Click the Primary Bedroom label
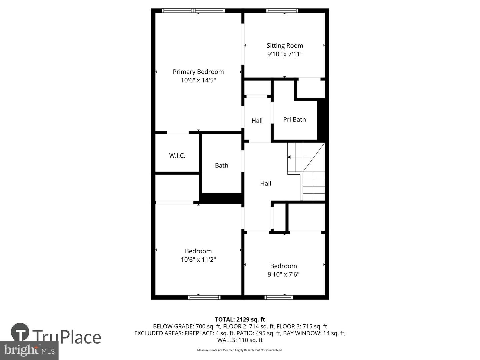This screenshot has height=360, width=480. [198, 72]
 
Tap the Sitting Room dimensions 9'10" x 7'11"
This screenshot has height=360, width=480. [285, 54]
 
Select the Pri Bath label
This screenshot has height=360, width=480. [294, 119]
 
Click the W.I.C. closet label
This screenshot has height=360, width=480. [177, 155]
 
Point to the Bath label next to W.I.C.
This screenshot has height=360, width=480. [221, 165]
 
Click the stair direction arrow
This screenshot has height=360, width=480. [289, 157]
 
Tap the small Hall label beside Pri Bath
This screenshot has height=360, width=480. [257, 121]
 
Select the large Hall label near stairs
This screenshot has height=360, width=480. [265, 183]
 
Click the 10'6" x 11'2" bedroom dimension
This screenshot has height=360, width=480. [198, 260]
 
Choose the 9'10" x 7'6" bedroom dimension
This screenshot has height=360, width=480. [283, 274]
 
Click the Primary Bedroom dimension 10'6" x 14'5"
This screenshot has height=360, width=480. [198, 80]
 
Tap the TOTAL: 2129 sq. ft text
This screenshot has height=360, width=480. [240, 319]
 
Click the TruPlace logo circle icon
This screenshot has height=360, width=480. [20, 332]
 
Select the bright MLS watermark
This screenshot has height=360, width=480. [29, 350]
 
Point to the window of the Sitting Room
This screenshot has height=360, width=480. [282, 11]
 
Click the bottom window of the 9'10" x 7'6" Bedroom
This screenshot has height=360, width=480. [279, 297]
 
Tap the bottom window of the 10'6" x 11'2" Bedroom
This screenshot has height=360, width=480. [204, 297]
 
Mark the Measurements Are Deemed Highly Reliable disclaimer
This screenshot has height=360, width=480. [240, 350]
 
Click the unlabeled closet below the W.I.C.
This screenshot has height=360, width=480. [177, 187]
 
